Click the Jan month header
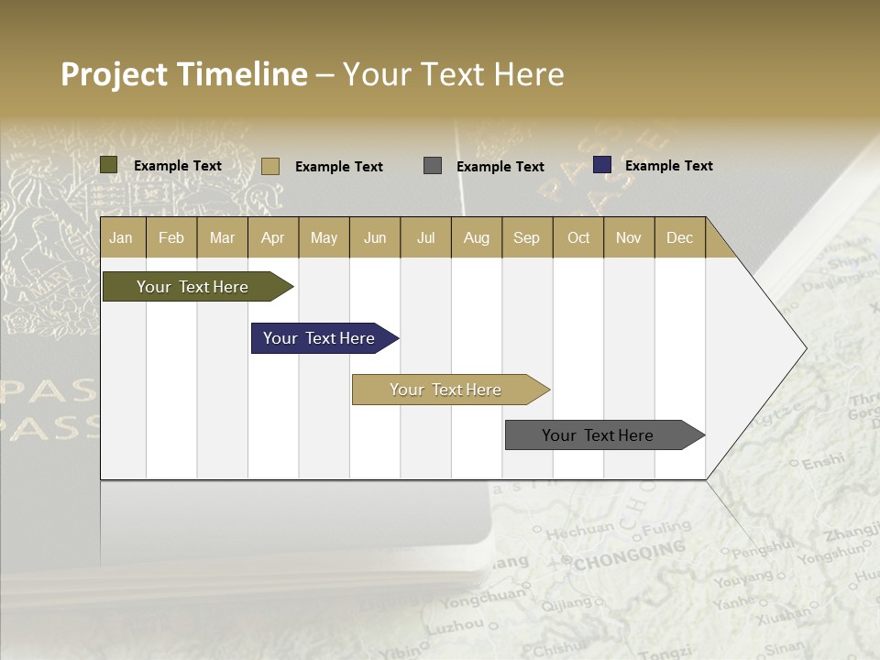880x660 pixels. click(122, 237)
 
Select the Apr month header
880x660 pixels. click(272, 237)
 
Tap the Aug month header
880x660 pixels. click(476, 237)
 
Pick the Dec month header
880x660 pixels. click(679, 237)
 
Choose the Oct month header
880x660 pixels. click(577, 237)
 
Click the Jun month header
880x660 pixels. click(374, 237)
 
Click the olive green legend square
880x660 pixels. click(108, 165)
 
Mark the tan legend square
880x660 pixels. click(269, 166)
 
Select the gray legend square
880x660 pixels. click(432, 166)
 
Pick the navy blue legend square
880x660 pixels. click(601, 165)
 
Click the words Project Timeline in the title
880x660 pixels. click(183, 74)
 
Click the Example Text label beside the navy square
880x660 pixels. click(668, 166)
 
